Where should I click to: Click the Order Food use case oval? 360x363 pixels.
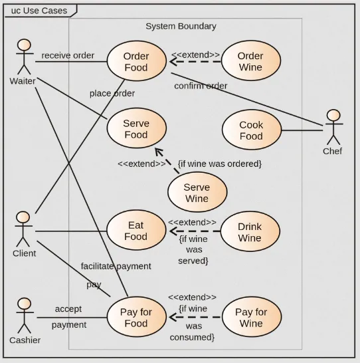(x=136, y=62)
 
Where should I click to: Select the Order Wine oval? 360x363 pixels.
(x=250, y=62)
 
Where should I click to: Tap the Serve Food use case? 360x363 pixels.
(x=136, y=129)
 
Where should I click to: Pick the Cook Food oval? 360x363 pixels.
(x=251, y=130)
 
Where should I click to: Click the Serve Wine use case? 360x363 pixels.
(x=197, y=193)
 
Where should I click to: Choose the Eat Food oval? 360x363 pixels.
(x=135, y=231)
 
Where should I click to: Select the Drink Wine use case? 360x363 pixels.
(x=250, y=232)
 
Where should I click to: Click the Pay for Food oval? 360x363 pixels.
(x=136, y=318)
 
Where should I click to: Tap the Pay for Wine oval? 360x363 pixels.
(x=251, y=318)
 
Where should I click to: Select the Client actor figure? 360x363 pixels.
(x=23, y=229)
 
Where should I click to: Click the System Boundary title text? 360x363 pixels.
(x=181, y=27)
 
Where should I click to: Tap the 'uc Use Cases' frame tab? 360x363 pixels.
(x=39, y=11)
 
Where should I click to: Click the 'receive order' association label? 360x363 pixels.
(x=68, y=55)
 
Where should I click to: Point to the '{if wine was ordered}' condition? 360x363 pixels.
(x=219, y=164)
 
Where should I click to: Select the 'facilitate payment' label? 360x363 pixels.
(x=116, y=266)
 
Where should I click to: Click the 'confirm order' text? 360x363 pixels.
(x=201, y=86)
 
